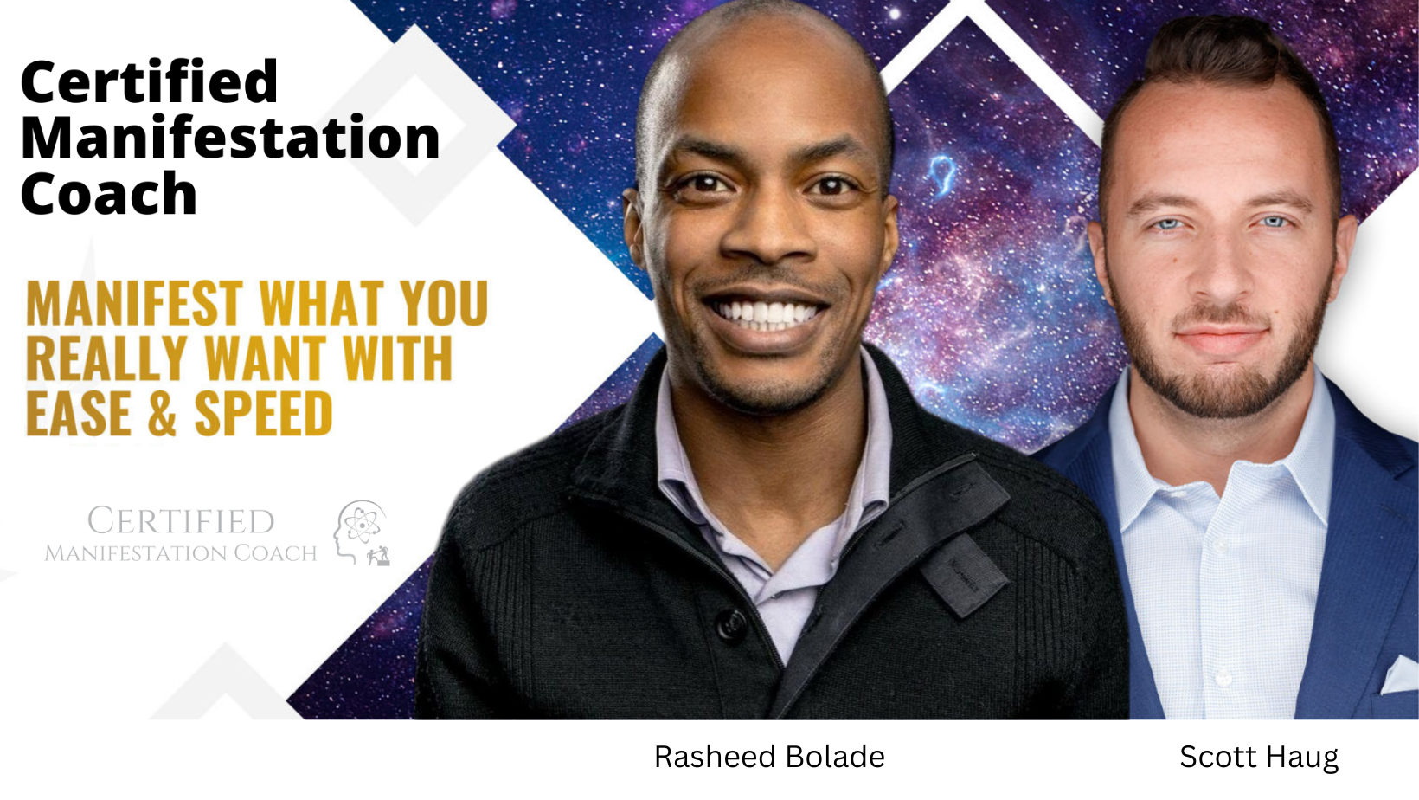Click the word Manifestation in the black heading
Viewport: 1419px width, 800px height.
click(230, 138)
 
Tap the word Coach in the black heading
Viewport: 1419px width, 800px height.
click(109, 193)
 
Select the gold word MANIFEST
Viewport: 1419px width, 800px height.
click(134, 303)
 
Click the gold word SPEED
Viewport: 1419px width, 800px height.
click(263, 414)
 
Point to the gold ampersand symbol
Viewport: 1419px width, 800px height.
click(162, 414)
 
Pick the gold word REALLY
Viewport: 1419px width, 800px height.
click(106, 358)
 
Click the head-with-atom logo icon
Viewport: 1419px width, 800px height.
click(362, 532)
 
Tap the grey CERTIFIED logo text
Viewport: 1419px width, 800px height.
click(181, 521)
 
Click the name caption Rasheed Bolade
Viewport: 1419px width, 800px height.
click(769, 757)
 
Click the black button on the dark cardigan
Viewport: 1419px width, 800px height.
click(731, 624)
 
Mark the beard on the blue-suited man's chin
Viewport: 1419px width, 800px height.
click(1223, 380)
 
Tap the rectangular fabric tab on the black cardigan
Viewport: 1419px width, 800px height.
click(964, 575)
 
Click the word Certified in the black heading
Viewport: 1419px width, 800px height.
click(150, 81)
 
